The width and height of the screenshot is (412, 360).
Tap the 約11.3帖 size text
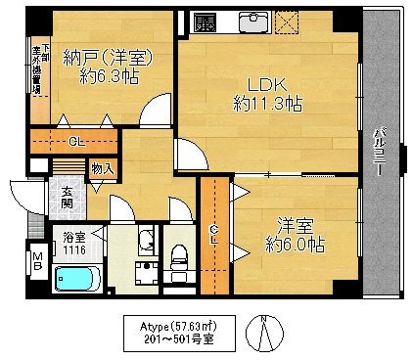(x=266, y=102)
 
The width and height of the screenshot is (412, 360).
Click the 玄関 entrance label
(x=67, y=198)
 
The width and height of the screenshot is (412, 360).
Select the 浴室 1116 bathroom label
(x=74, y=243)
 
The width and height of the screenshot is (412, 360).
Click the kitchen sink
(x=253, y=22)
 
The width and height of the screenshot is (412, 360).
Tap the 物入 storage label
(x=102, y=169)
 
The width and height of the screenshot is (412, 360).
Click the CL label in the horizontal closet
(x=75, y=142)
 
